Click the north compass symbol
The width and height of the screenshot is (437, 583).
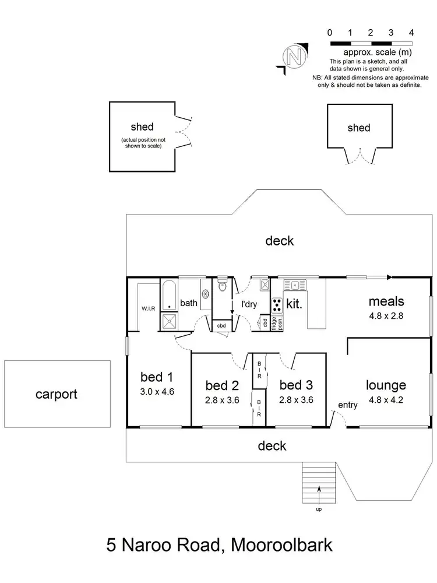click(294, 57)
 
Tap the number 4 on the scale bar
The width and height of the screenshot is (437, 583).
click(411, 33)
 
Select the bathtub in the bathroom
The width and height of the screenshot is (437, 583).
click(168, 296)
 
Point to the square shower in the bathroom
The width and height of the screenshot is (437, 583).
click(169, 319)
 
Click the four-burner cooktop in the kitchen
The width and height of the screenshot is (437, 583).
click(277, 304)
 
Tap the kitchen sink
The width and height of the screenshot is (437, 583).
click(295, 285)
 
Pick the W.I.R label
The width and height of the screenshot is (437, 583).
click(147, 308)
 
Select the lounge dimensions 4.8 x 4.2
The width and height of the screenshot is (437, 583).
click(386, 401)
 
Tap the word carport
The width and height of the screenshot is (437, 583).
click(57, 394)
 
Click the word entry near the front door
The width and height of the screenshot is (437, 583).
click(347, 405)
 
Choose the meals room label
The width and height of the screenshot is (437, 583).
click(386, 301)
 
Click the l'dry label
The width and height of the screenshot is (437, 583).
click(250, 304)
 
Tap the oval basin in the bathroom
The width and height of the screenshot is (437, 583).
click(205, 295)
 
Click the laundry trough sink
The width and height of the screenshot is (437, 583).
click(264, 285)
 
